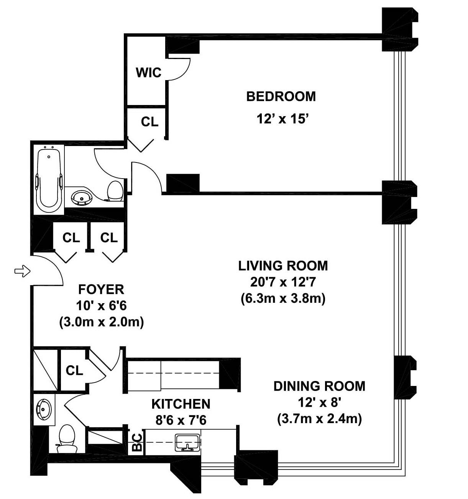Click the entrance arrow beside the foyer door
(x=22, y=271)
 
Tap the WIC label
(x=148, y=72)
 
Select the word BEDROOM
(x=281, y=97)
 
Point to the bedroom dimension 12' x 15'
(x=282, y=119)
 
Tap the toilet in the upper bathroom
(x=115, y=192)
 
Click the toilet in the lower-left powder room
(x=67, y=438)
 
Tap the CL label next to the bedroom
(x=149, y=122)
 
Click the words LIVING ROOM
(x=283, y=266)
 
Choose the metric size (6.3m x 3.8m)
(x=283, y=299)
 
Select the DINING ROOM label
(x=319, y=386)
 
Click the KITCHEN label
(x=181, y=404)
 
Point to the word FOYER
(x=101, y=289)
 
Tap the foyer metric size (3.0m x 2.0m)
(x=101, y=322)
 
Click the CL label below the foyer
(x=74, y=370)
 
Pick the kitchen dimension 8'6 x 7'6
(x=181, y=420)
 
